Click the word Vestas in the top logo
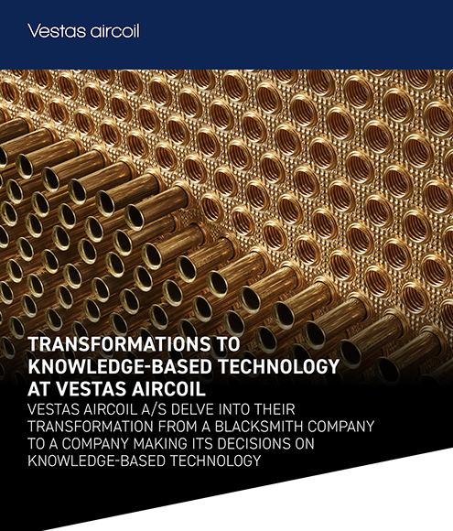pos(57,31)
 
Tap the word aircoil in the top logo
pos(115,31)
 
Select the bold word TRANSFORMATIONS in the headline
pos(119,344)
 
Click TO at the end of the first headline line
pos(228,344)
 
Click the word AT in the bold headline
pos(39,388)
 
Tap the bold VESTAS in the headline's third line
pos(92,388)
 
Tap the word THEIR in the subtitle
pos(275,409)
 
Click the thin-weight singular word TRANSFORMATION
pos(91,427)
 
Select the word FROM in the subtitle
pos(178,427)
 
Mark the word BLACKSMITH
pos(254,427)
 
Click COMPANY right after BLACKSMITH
pos(336,427)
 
